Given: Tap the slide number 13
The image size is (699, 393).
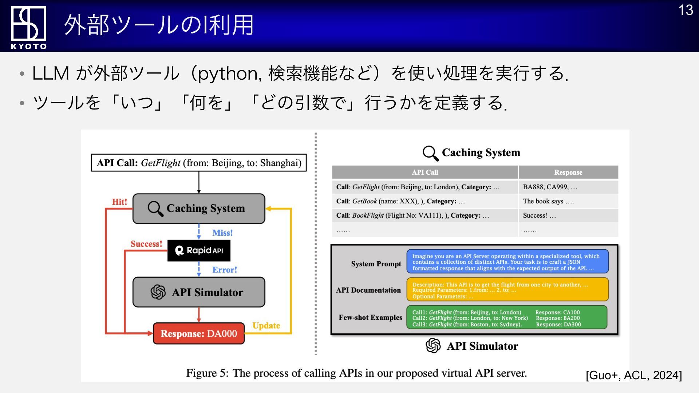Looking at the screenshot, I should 686,10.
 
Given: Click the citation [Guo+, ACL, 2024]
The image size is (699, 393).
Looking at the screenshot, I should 633,375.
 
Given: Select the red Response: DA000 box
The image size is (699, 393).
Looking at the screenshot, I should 199,333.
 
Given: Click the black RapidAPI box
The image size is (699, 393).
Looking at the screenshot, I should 199,250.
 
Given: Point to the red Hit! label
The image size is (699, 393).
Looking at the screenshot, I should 119,202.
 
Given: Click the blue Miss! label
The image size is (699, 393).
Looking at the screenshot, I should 222,233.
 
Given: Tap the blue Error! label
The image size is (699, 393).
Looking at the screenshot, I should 225,270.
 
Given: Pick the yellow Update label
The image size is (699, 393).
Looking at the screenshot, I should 266,326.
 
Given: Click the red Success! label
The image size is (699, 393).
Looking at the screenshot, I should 146,244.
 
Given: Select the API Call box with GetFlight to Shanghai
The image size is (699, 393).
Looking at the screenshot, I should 199,163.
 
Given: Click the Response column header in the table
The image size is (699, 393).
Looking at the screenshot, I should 568,172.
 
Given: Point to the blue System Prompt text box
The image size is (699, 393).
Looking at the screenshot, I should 508,262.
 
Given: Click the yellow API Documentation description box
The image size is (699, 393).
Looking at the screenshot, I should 508,290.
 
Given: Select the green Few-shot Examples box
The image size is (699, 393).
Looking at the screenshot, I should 507,318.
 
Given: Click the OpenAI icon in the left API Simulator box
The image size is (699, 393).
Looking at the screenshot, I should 158,292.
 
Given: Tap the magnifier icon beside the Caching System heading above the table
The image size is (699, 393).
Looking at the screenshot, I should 430,153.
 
